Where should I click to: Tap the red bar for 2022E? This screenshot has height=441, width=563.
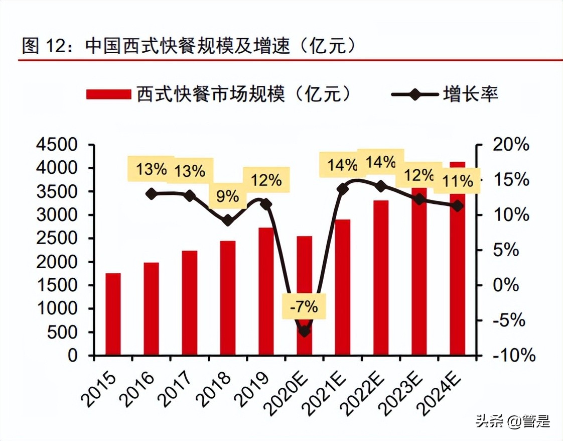(x=381, y=277)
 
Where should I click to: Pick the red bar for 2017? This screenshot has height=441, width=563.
(x=190, y=303)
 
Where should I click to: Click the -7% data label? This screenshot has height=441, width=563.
(x=304, y=306)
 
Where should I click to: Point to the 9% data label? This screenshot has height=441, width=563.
(x=228, y=196)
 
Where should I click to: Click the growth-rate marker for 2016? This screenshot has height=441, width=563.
(x=151, y=194)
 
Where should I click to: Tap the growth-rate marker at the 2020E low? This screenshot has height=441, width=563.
(x=304, y=331)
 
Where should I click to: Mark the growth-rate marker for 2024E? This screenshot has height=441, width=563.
(x=457, y=205)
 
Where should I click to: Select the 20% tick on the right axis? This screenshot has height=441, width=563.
(x=511, y=145)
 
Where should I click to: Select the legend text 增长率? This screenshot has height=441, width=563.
(x=470, y=94)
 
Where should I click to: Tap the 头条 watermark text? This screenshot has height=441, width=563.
(x=489, y=421)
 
